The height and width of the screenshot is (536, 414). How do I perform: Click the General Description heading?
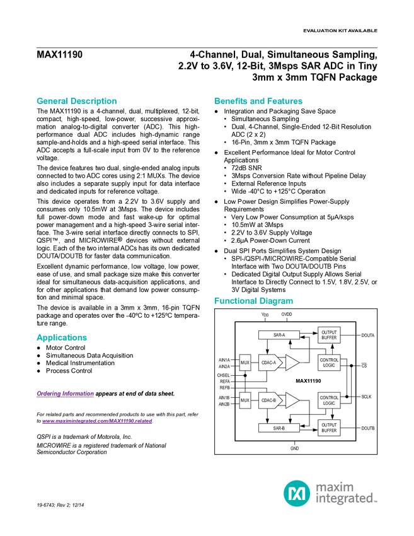(x=76, y=101)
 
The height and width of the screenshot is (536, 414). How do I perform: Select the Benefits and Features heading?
(x=258, y=101)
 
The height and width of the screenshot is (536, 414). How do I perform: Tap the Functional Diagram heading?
(x=253, y=301)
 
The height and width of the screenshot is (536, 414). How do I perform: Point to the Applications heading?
(x=61, y=338)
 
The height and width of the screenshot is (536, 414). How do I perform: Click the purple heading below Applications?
(x=64, y=395)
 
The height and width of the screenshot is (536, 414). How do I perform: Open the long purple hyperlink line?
(x=96, y=421)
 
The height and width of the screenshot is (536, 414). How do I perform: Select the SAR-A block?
(x=279, y=335)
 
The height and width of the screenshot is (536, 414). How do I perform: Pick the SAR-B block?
(x=279, y=428)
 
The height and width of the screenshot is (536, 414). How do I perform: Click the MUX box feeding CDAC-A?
(x=245, y=363)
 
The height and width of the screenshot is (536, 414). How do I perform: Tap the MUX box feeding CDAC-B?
(x=245, y=400)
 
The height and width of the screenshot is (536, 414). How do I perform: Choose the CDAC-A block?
(x=269, y=363)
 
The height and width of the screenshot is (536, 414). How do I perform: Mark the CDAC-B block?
(x=269, y=400)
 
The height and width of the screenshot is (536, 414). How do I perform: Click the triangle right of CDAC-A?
(x=292, y=363)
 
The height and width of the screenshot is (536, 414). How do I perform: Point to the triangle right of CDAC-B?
(x=292, y=400)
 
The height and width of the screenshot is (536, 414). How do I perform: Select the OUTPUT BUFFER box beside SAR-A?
(x=329, y=335)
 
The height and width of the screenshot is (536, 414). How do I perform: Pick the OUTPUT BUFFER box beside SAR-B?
(x=329, y=428)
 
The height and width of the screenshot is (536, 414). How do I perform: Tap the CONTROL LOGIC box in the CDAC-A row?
(x=329, y=363)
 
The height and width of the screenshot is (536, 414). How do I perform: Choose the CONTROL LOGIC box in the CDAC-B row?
(x=329, y=400)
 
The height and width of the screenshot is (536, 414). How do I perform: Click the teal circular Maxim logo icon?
(x=296, y=492)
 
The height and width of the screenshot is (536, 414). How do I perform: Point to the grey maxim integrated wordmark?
(x=345, y=492)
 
